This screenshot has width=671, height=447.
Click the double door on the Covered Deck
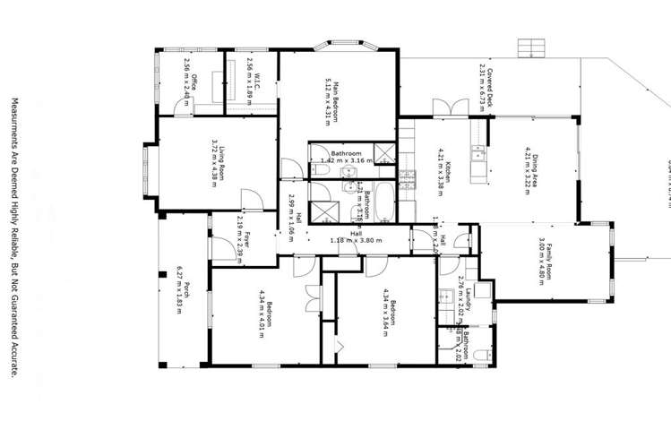point(448,107)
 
